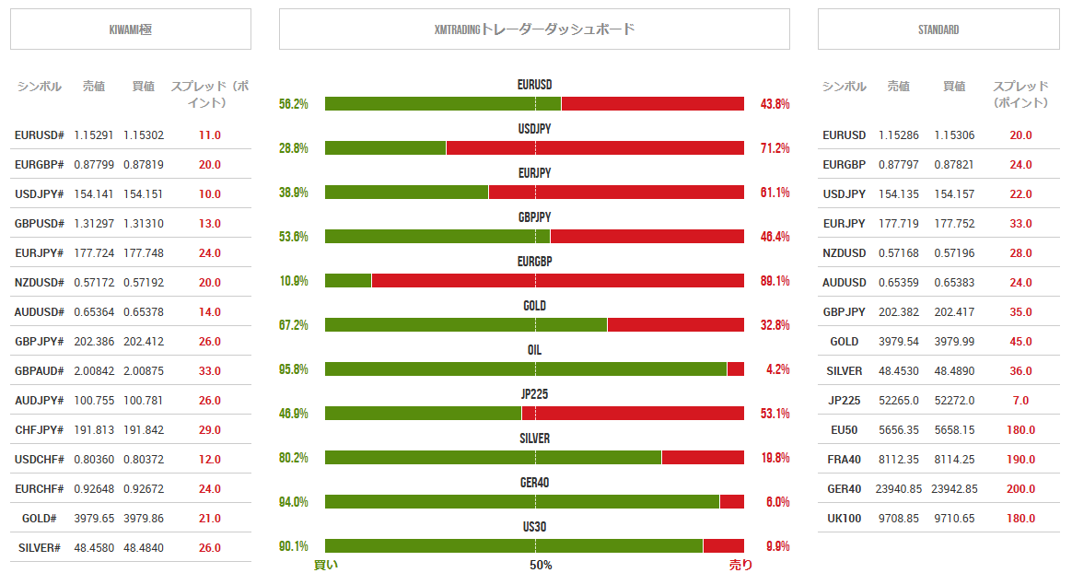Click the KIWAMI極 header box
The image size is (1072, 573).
tap(130, 29)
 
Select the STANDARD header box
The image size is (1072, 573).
tap(938, 29)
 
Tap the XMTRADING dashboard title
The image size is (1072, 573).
tap(534, 29)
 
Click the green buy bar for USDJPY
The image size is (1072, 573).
tap(385, 147)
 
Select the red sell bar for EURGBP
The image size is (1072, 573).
tap(557, 280)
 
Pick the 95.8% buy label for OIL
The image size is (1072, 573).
tap(293, 369)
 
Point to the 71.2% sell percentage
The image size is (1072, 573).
tap(775, 148)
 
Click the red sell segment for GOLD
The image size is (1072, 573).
tap(675, 324)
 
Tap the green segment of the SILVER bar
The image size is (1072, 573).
tap(493, 457)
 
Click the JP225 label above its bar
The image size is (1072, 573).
tap(534, 394)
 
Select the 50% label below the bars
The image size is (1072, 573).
tap(541, 565)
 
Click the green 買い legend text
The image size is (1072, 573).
tap(326, 565)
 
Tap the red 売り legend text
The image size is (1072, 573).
tap(740, 565)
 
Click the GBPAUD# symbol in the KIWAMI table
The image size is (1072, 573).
tap(39, 370)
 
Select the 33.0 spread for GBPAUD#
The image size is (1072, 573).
tap(210, 370)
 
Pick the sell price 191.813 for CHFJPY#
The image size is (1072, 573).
tap(93, 429)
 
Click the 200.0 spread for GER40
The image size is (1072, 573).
tap(1020, 488)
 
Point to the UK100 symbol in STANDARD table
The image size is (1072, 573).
tap(844, 518)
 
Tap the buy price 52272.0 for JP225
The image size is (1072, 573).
tap(954, 400)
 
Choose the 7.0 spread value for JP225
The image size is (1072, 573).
tap(1020, 400)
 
